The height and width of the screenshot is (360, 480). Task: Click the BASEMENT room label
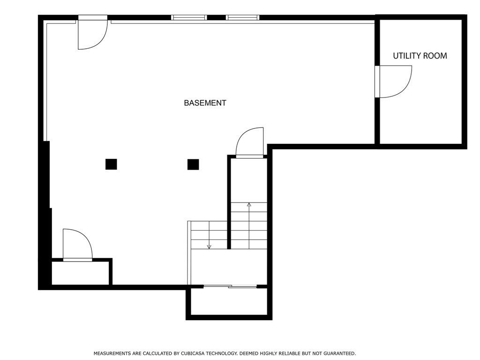205,103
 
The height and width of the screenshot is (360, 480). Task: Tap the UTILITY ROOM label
420,56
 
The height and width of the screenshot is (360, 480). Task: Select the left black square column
111,164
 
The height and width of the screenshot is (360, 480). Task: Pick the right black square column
193,165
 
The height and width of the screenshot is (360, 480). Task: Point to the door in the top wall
92,33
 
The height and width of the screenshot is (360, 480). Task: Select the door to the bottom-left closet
77,244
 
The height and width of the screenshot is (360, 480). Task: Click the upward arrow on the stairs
249,205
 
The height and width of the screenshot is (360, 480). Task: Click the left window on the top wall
189,18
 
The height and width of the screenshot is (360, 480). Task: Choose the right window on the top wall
242,18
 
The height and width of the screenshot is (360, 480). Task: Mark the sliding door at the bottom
230,286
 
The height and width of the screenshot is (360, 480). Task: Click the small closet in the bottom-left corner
80,273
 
